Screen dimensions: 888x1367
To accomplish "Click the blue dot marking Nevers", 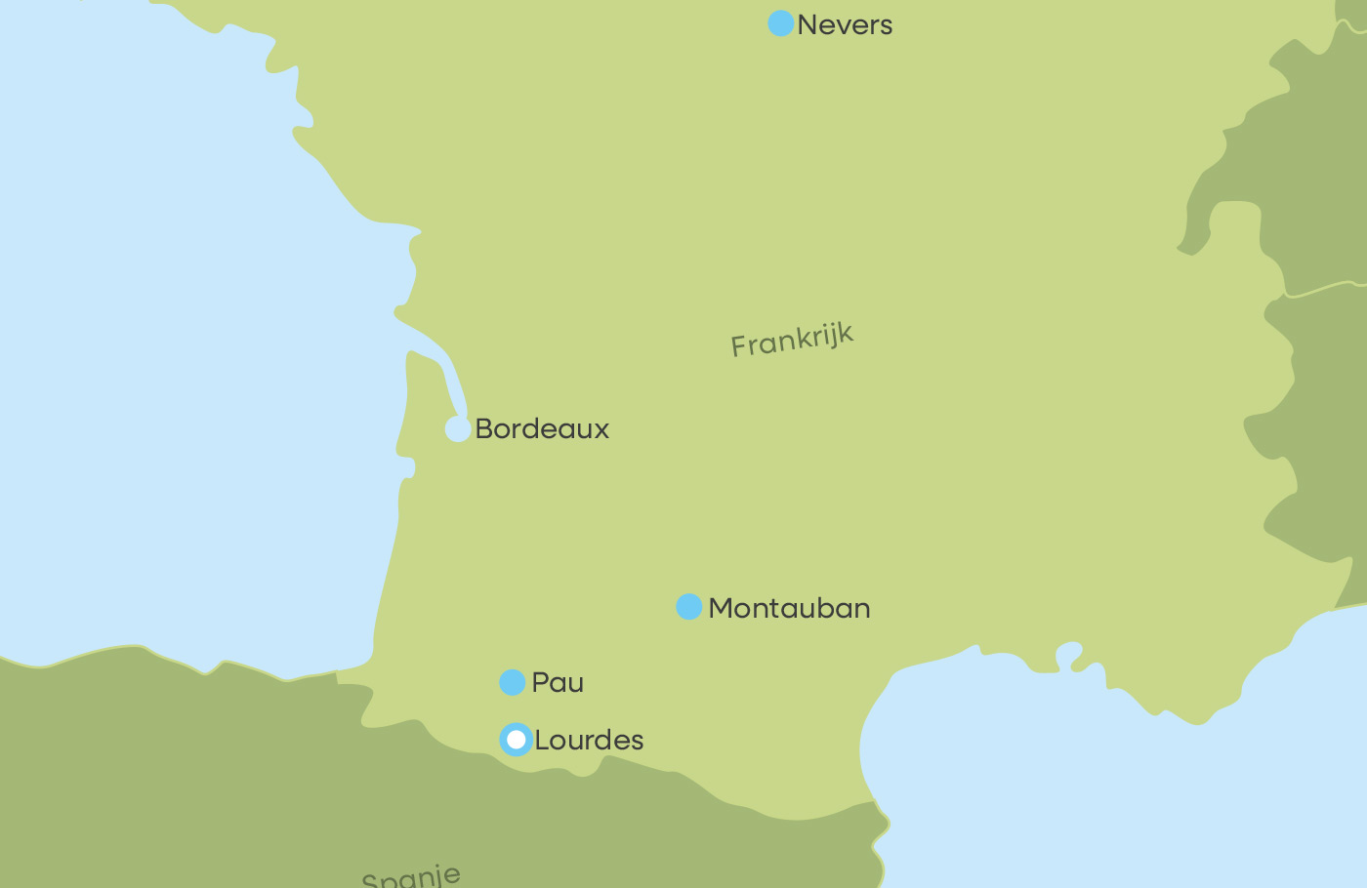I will pos(780,23).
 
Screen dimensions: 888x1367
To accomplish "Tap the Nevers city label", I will pos(845,25).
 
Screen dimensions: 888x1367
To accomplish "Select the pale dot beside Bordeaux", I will pos(458,428).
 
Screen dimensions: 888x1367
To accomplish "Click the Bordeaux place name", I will pos(542,429).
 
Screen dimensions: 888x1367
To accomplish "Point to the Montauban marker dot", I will pos(689,607).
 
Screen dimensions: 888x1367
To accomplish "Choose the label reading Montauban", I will pos(789,609).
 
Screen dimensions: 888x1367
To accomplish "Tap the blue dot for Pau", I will pos(513,682).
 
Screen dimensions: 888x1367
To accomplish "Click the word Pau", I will pos(558,683).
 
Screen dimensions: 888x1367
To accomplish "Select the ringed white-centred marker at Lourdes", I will pos(516,740).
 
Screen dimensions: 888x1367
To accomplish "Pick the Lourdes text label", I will pos(589,741).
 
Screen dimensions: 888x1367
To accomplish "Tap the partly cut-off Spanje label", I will pos(411,876).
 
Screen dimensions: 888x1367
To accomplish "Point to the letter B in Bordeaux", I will pos(483,429).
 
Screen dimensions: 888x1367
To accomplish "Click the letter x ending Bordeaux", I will pos(601,430).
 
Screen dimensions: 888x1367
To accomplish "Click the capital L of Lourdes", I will pos(542,741).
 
